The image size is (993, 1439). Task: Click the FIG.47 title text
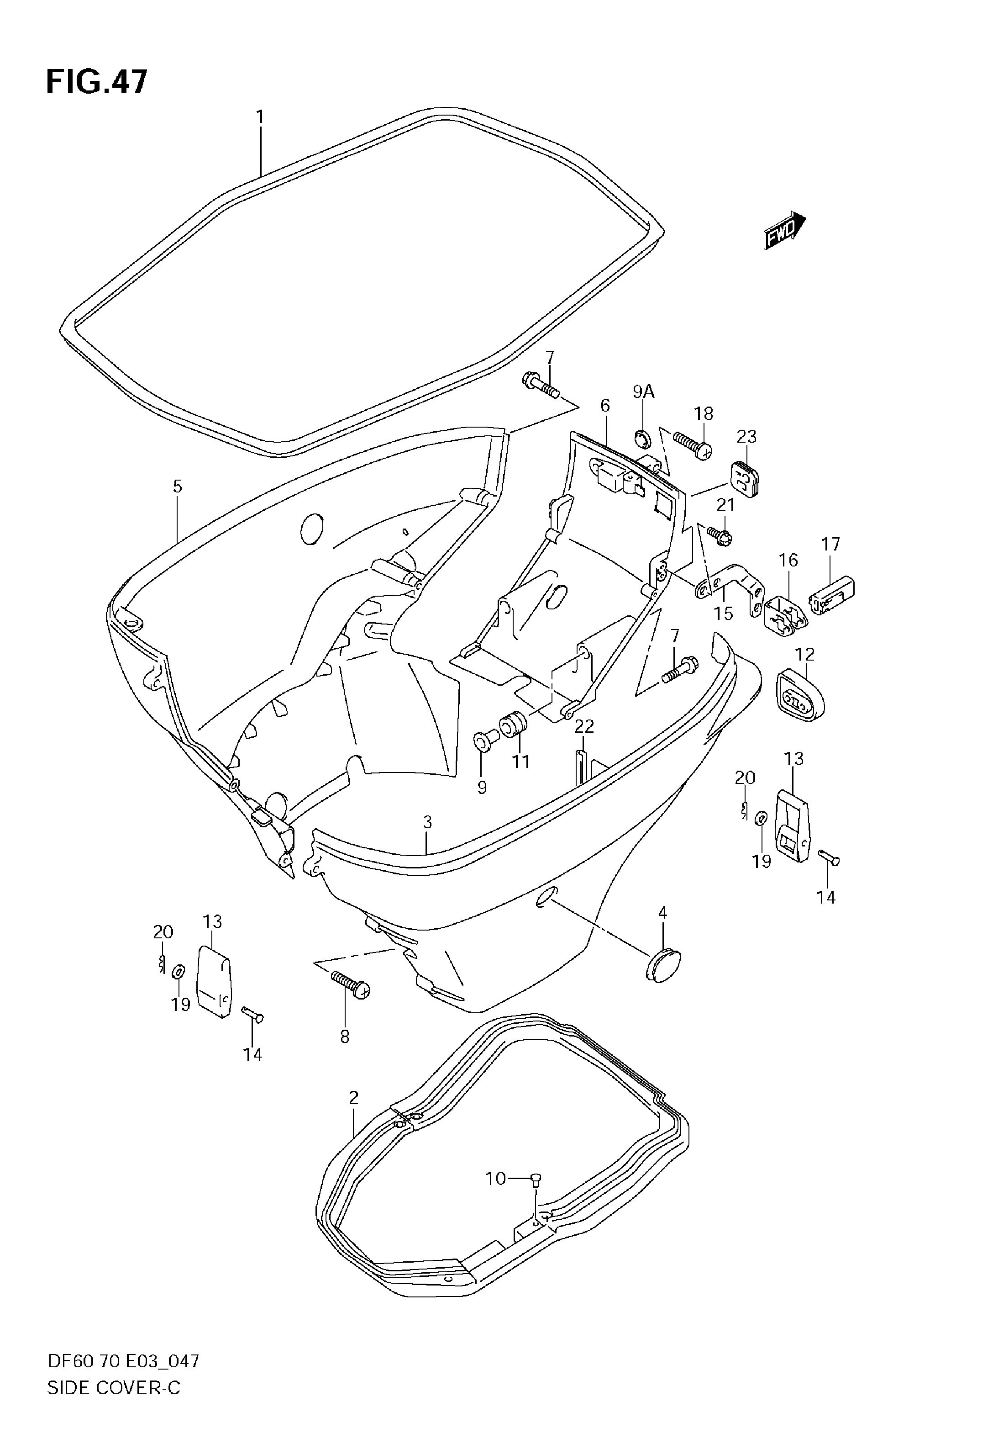97,82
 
